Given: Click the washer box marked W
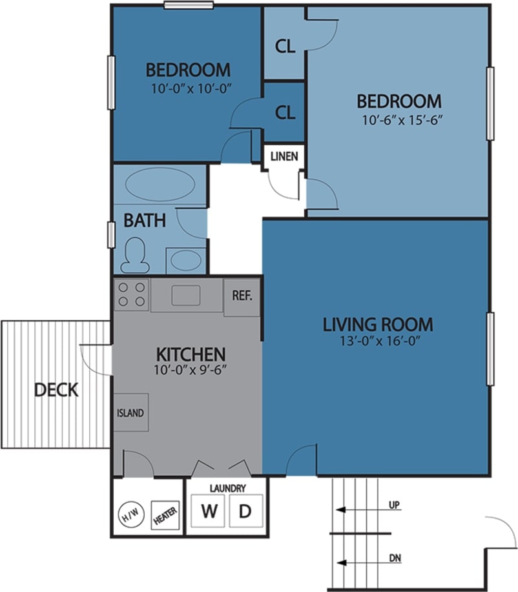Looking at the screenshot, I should (208, 511).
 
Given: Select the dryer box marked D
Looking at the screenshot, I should (245, 511).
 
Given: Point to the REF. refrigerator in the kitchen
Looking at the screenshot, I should (242, 297).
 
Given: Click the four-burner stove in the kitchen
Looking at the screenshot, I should (132, 294).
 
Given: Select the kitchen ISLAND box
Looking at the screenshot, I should (130, 413).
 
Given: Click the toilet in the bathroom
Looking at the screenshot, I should (135, 254).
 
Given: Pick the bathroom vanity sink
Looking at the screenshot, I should (186, 261).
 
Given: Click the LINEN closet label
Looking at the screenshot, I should (284, 156).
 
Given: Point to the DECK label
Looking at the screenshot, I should (56, 390).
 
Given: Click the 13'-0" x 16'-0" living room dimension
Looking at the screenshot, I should (377, 342).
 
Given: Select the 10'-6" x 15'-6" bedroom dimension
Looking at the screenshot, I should (399, 120).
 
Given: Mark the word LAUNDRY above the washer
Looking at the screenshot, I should (227, 489).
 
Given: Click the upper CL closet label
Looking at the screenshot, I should (285, 46).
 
